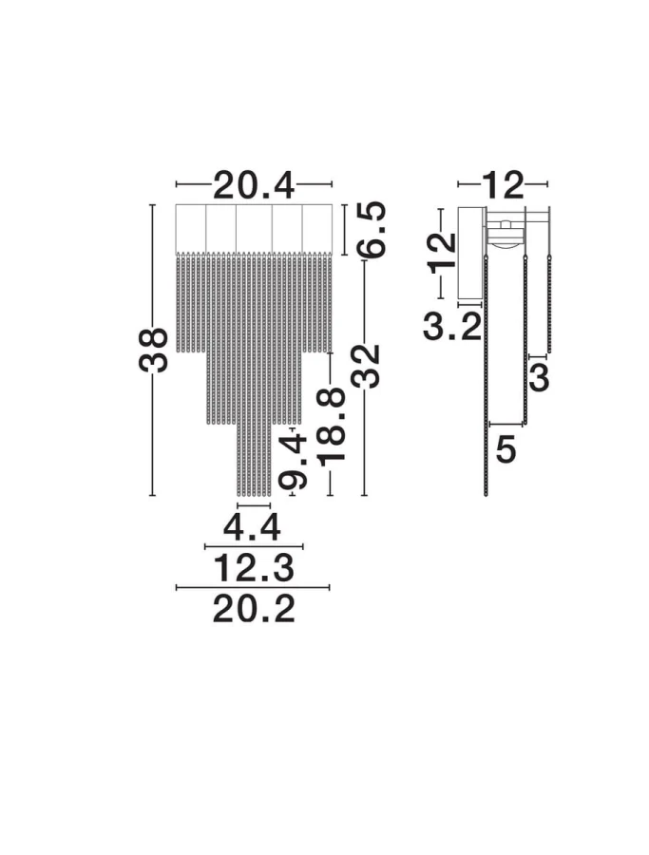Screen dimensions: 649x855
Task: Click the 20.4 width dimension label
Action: click(x=254, y=186)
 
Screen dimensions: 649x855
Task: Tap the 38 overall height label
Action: click(x=153, y=350)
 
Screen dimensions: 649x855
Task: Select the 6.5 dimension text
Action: click(x=371, y=229)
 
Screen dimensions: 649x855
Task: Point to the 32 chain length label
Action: click(x=365, y=367)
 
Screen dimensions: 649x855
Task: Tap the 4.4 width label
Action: click(x=252, y=526)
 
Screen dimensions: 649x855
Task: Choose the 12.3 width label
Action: click(x=253, y=567)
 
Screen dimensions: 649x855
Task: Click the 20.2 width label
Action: click(x=254, y=609)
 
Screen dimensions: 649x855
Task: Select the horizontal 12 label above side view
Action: click(x=503, y=185)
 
